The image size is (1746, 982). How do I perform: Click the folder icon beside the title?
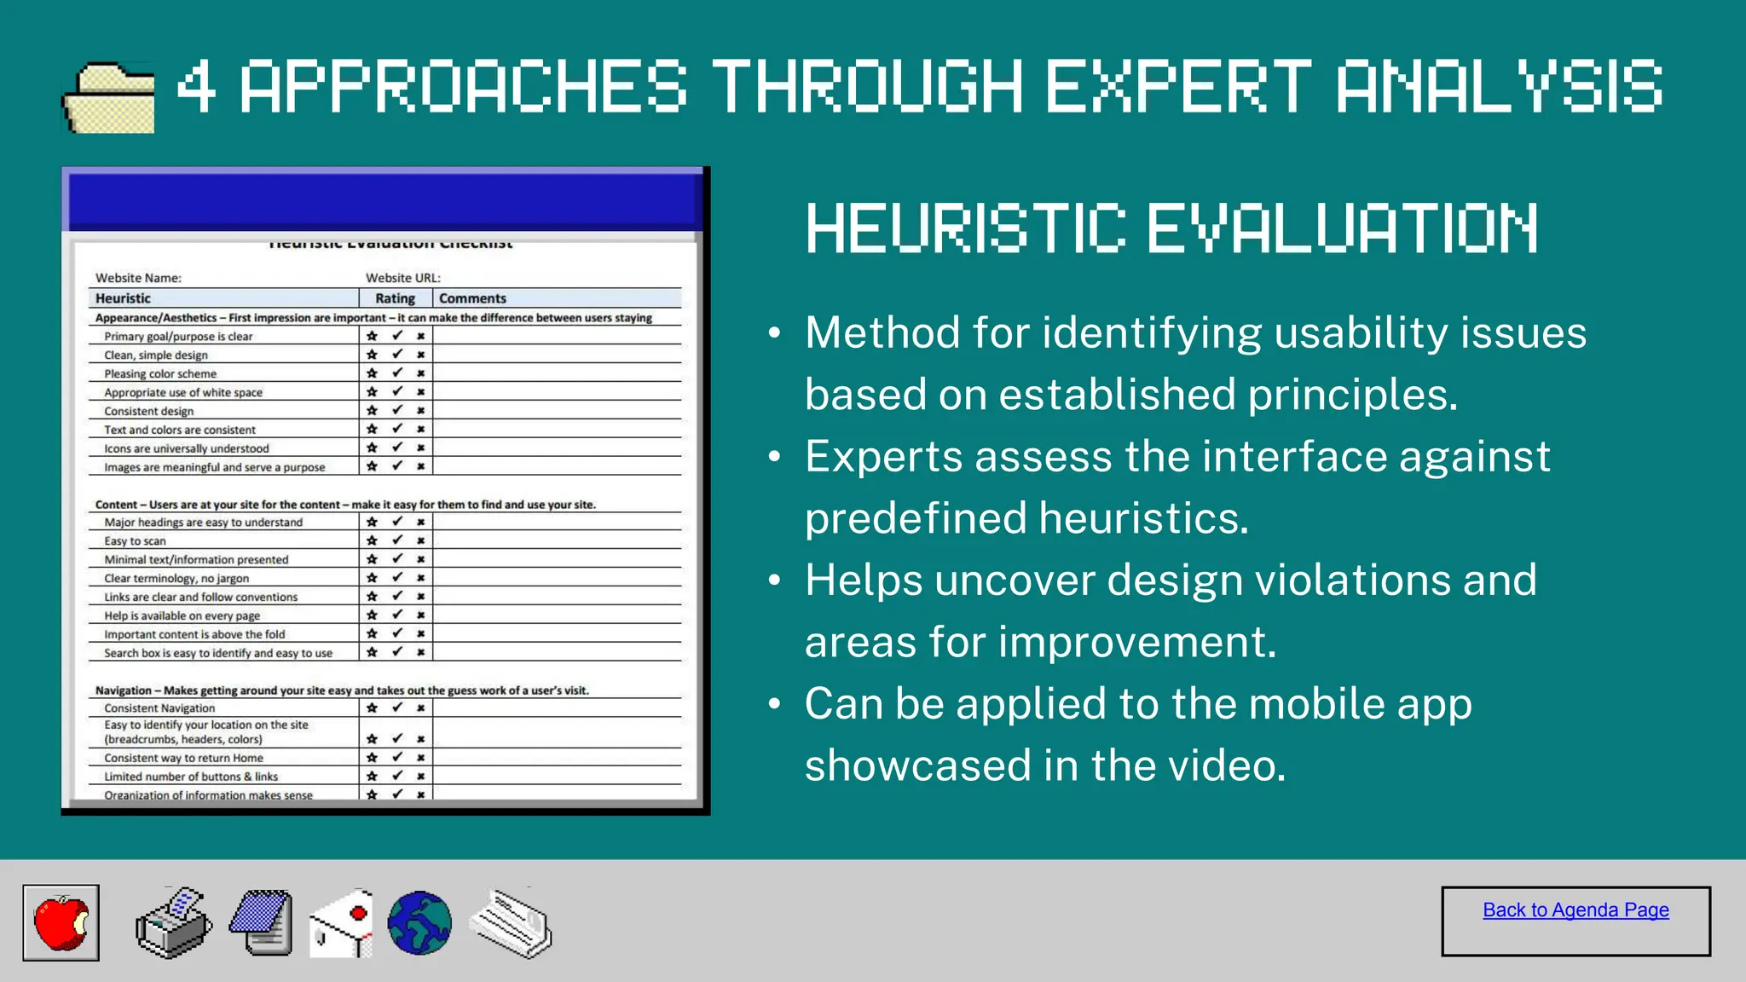[x=109, y=97]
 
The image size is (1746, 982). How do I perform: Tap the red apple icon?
[x=61, y=922]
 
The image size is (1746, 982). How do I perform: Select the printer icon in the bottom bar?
[x=173, y=924]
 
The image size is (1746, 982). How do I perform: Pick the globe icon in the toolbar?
[x=419, y=923]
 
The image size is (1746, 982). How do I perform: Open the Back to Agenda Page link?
[x=1575, y=910]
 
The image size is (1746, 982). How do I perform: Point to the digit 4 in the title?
[x=195, y=86]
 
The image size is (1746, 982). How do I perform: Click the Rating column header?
[x=395, y=298]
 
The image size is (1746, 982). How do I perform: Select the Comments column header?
[x=472, y=298]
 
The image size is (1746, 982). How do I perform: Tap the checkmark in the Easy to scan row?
[x=397, y=540]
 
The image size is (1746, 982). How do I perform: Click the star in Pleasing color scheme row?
[x=372, y=373]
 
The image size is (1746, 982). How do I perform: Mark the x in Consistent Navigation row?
[x=420, y=708]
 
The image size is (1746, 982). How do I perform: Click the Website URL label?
[x=402, y=278]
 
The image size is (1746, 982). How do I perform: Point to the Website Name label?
[x=138, y=278]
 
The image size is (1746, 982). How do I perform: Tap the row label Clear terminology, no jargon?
[x=176, y=578]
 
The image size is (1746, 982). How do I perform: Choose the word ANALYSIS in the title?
[x=1499, y=86]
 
